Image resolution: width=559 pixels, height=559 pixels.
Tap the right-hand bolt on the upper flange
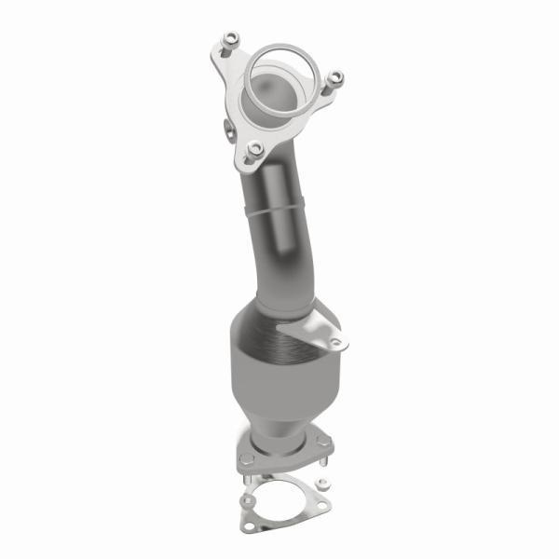pyautogui.click(x=337, y=78)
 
